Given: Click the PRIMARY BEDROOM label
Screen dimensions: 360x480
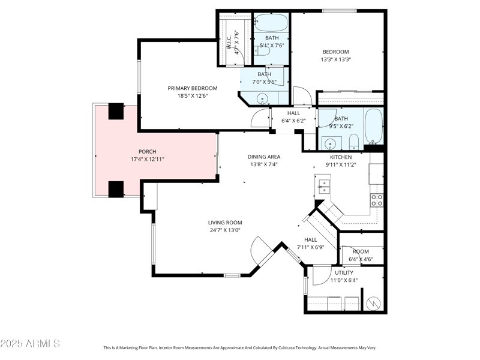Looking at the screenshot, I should [192, 88].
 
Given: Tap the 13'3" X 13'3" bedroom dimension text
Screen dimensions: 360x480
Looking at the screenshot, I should [335, 59].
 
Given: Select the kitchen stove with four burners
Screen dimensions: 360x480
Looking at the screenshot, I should [377, 200].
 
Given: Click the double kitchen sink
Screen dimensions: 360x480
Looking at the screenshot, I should [323, 187].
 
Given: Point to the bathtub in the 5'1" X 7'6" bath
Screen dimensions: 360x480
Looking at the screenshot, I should [271, 23].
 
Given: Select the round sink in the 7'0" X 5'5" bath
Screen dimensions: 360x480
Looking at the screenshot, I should [262, 99].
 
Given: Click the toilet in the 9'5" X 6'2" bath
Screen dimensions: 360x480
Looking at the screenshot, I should [353, 143].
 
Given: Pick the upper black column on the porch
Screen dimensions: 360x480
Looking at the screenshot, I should [115, 112].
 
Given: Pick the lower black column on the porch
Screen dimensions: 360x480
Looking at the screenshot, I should [115, 188].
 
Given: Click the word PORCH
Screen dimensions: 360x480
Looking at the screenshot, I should [147, 151].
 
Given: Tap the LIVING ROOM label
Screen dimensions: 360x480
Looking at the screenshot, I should [225, 223].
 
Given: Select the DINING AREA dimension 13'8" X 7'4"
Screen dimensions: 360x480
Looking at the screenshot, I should [264, 164].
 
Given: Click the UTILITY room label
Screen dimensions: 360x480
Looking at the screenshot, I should [344, 272].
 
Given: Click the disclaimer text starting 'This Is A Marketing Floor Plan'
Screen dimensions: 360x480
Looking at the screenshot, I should [240, 347].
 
